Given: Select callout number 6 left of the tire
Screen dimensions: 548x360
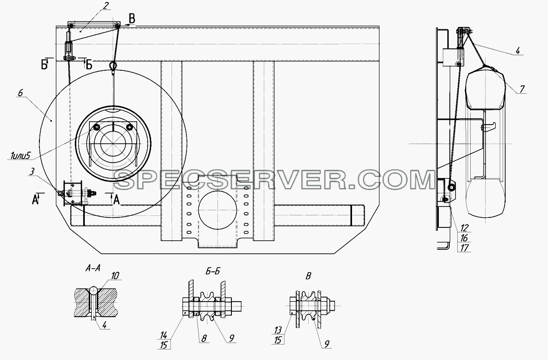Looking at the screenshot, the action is pos(20,93).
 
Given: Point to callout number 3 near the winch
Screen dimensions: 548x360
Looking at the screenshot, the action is pos(32,172).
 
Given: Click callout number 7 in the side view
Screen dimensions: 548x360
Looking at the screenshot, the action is pos(522,89).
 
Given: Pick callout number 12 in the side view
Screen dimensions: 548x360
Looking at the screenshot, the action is pos(464,228).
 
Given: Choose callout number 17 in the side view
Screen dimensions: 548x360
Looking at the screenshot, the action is pos(464,248).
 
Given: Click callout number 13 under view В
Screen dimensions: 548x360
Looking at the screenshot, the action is pos(278,330).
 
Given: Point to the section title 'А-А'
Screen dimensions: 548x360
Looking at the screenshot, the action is pos(93,268).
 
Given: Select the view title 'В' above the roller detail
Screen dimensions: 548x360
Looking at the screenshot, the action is pos(308,276).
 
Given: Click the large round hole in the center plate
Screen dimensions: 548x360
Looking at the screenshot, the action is pos(217,210).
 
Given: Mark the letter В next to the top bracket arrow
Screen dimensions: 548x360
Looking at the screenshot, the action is pos(131,17).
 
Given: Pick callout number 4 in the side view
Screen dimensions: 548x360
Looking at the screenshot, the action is pos(518,51).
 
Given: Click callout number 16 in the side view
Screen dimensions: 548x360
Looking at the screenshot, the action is pos(464,238).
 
